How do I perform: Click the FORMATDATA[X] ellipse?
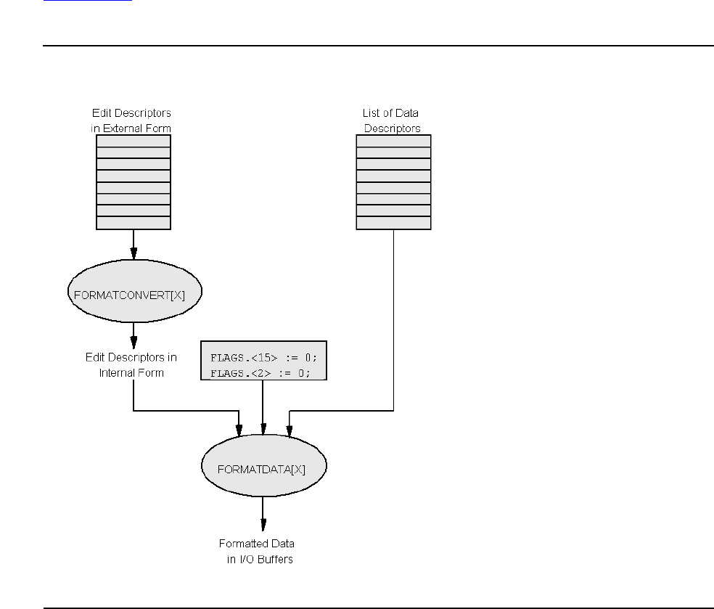[x=263, y=468]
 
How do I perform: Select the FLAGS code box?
[x=263, y=360]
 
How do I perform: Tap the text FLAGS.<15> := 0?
[x=263, y=358]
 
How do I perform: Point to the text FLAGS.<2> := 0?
[x=260, y=373]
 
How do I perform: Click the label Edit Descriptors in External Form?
[x=132, y=121]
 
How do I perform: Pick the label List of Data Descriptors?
[x=392, y=121]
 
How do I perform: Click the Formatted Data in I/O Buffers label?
[x=258, y=552]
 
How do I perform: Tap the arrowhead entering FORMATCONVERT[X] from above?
[x=134, y=254]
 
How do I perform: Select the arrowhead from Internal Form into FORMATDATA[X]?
[x=239, y=432]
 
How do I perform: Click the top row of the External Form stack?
[x=134, y=142]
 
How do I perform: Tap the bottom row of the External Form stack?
[x=134, y=223]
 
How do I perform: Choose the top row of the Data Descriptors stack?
[x=393, y=142]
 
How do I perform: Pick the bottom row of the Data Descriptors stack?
[x=393, y=223]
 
